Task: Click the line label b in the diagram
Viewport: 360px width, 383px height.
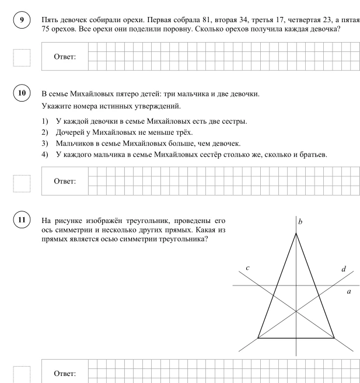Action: coord(300,222)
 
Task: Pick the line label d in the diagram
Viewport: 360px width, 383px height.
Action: coord(344,269)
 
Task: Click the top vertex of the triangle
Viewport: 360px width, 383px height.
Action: coord(296,233)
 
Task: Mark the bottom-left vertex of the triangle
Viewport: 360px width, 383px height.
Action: coord(258,337)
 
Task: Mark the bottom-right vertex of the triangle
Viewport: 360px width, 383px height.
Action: coord(334,337)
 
